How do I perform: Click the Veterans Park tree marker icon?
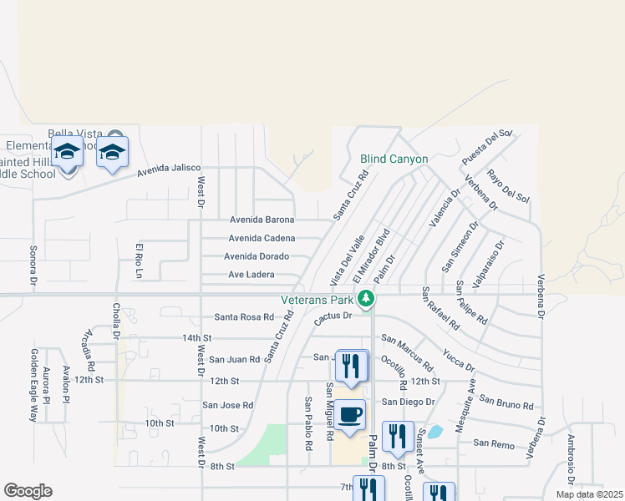365,298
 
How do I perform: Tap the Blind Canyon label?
394,159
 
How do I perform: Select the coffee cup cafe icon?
351,414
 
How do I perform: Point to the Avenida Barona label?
262,220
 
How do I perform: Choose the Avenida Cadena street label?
262,238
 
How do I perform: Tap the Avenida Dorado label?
257,256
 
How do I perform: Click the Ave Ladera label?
251,275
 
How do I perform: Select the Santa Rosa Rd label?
244,317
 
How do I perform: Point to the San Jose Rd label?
227,405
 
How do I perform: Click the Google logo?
28,490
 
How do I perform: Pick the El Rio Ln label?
140,260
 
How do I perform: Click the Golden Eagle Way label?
34,385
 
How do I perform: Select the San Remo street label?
494,444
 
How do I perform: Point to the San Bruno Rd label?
506,404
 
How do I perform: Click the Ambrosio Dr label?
571,458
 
